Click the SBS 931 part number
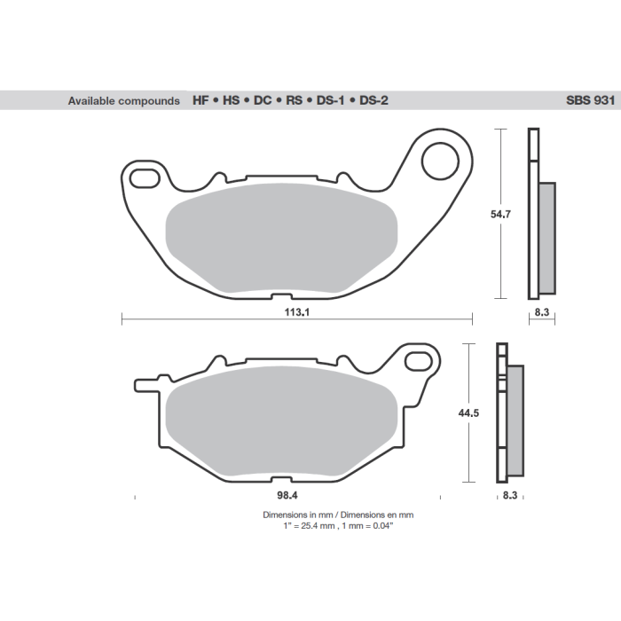point(586,101)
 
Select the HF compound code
point(200,101)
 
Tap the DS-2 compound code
point(373,101)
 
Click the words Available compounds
point(123,101)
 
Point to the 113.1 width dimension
point(297,313)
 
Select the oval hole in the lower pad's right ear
point(419,360)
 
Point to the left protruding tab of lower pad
point(144,385)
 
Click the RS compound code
point(295,101)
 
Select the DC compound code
point(263,101)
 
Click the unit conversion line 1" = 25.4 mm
point(337,525)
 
